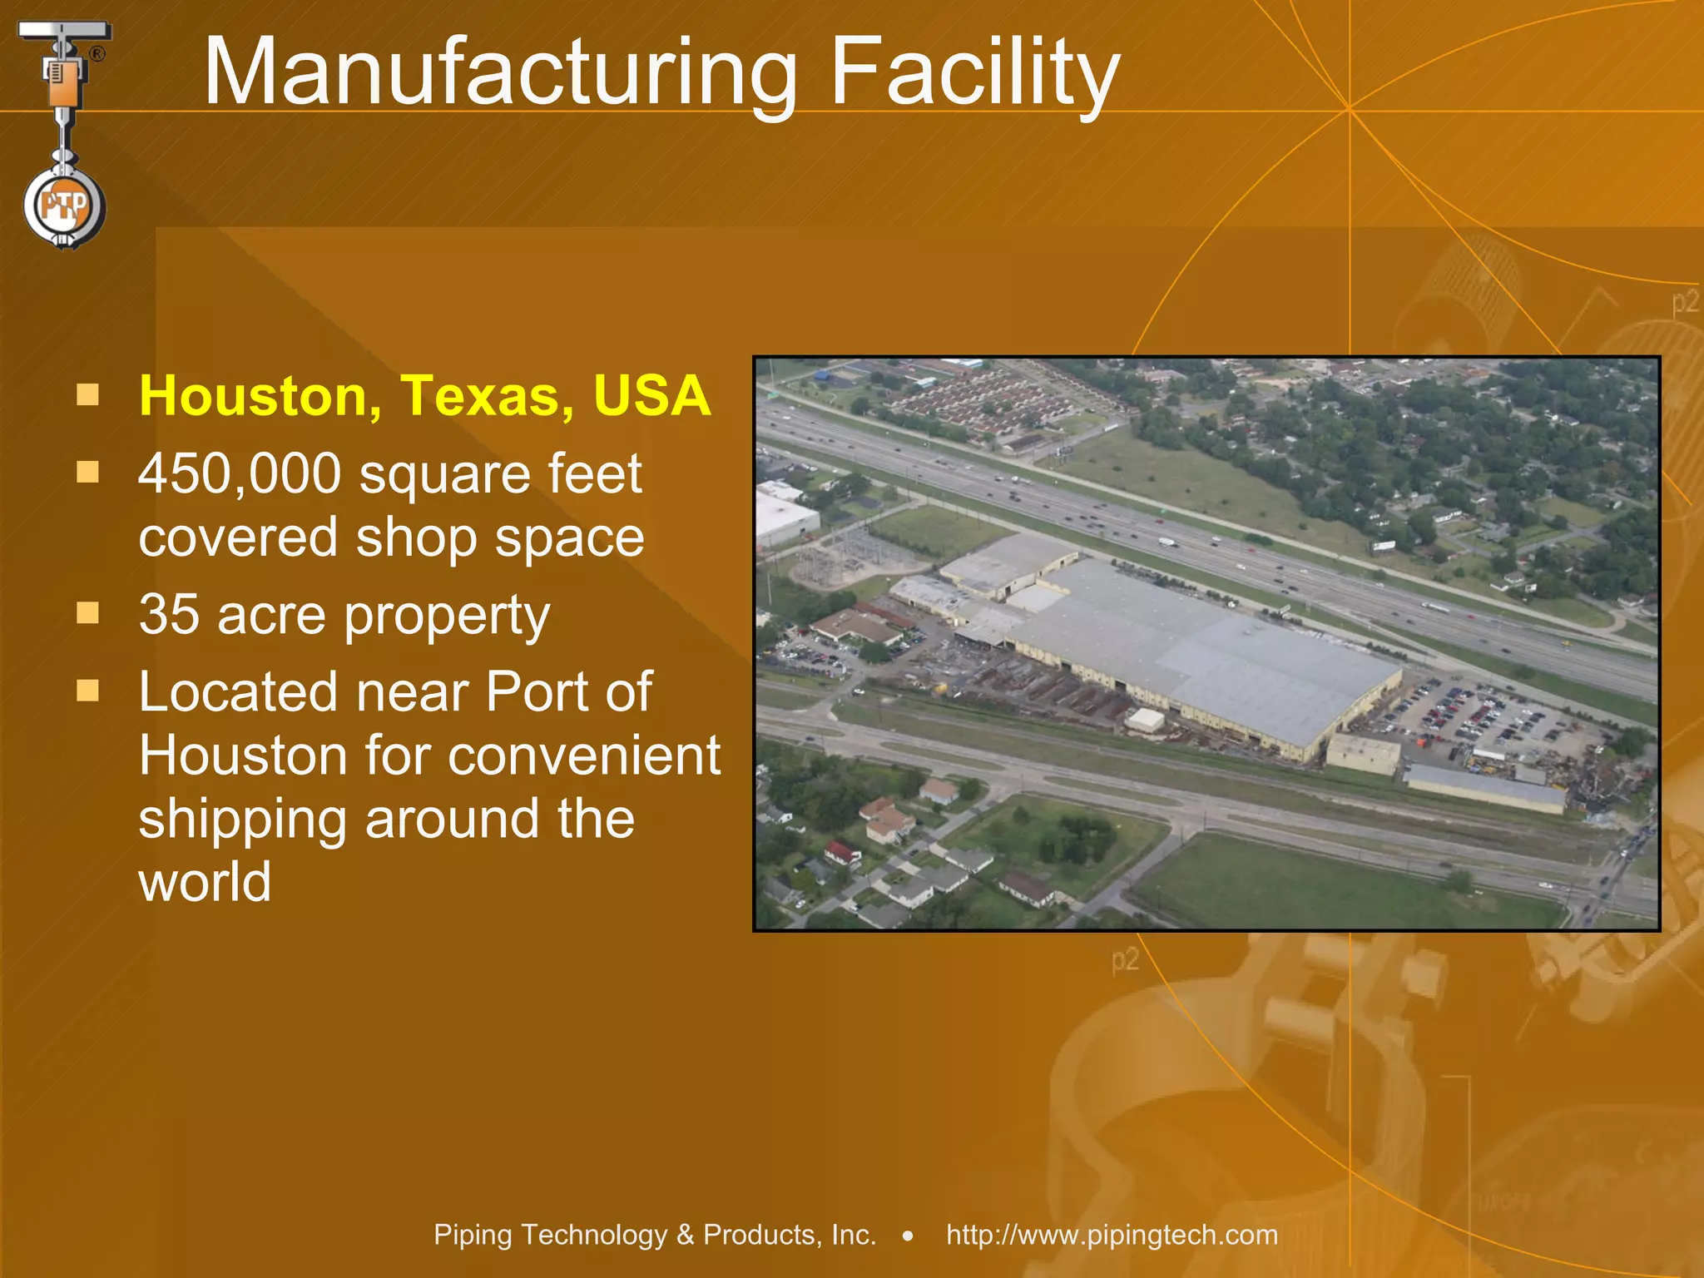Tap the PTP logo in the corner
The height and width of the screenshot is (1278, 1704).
tap(64, 206)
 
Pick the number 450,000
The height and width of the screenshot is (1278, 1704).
tap(240, 474)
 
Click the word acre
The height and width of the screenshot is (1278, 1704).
tap(271, 617)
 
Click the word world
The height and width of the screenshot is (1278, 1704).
tap(205, 882)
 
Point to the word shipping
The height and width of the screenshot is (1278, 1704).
tap(241, 820)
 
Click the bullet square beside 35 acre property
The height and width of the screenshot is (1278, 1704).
tap(87, 614)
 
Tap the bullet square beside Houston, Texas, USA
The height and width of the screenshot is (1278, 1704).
tap(87, 394)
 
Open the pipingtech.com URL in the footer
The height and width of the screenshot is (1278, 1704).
tap(1112, 1235)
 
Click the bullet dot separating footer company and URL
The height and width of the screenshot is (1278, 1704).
tap(908, 1236)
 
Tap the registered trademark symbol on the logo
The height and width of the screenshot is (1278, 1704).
tap(97, 54)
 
